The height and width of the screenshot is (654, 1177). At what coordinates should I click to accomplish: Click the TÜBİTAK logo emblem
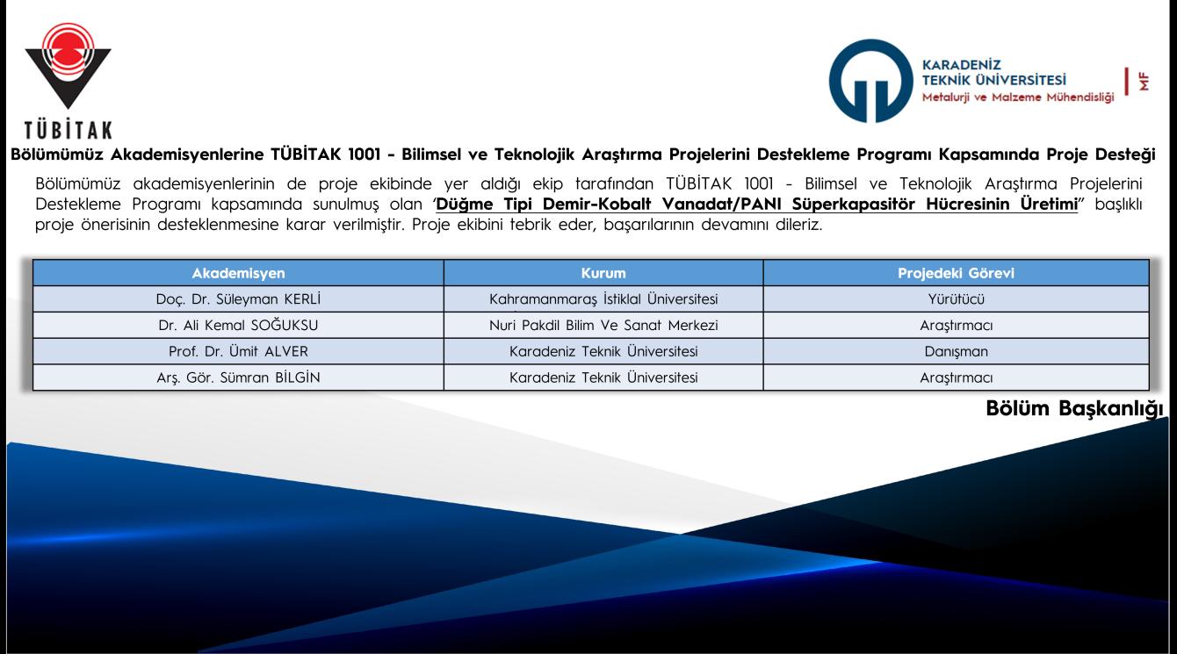point(68,65)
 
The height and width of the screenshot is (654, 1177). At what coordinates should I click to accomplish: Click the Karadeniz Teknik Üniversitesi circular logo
point(870,81)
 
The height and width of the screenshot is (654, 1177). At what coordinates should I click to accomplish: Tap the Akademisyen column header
point(238,273)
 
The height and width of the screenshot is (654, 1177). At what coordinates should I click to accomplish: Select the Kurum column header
point(603,273)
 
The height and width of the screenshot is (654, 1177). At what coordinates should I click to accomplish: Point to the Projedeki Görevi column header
point(956,273)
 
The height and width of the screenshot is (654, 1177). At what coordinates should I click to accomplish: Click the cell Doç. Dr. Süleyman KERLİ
point(238,298)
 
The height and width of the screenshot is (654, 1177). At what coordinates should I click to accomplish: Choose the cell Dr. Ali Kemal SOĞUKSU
point(238,325)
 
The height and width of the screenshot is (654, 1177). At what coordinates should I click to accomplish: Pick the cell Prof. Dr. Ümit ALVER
point(238,351)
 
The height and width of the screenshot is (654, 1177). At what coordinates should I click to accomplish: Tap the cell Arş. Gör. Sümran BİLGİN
point(238,377)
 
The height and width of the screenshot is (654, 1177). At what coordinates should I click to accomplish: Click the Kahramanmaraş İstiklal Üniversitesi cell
point(603,298)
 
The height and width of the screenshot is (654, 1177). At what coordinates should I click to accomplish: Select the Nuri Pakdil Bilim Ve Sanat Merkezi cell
point(603,325)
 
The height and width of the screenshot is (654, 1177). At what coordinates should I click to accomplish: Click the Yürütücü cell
point(956,298)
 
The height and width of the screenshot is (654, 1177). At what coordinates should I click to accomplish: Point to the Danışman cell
point(956,351)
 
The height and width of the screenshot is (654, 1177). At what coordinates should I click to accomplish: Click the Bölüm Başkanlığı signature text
point(1074,409)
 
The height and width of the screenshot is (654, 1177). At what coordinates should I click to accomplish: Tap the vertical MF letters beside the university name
point(1144,82)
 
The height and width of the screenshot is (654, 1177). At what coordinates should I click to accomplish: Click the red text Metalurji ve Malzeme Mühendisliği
point(1018,97)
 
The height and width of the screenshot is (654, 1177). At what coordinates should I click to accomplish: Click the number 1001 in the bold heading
point(365,155)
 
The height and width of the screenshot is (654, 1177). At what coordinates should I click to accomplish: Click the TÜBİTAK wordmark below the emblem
point(69,130)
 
